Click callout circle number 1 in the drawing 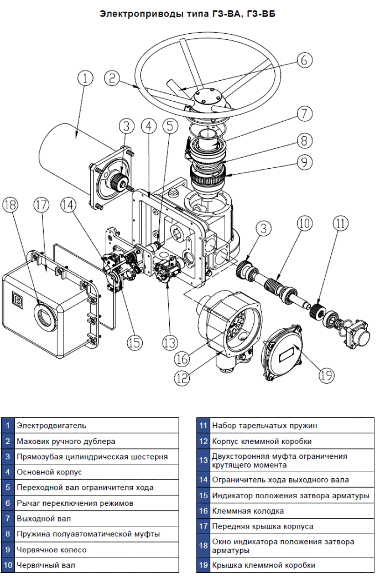[86, 78]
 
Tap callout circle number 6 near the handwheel [304, 59]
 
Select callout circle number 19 [326, 375]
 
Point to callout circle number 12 [182, 378]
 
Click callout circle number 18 [10, 205]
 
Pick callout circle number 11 [341, 224]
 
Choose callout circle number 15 [134, 343]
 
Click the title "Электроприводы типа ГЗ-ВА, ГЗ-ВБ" [188, 14]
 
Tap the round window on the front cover [46, 314]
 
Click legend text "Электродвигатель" [51, 425]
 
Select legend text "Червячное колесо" [51, 550]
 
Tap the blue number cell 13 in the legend [204, 461]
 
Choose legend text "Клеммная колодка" [248, 511]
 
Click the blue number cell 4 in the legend [8, 472]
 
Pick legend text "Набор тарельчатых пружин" [264, 425]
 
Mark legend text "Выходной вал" [44, 519]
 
